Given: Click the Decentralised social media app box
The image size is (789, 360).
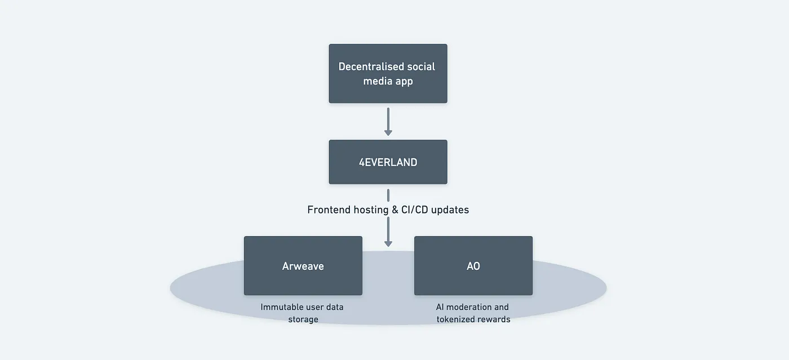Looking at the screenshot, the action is [x=388, y=74].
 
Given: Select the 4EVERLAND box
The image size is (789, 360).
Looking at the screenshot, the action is [x=388, y=162].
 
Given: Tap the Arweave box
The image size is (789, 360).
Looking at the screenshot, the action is [x=303, y=265].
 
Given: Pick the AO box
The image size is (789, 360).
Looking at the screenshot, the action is [x=473, y=265].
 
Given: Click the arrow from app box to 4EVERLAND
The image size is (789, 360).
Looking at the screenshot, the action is [x=388, y=122].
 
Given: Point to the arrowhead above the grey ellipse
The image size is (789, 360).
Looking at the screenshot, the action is [x=388, y=243].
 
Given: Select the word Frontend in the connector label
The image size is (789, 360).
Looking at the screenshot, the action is [x=329, y=210].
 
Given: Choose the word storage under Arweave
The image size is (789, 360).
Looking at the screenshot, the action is [x=303, y=319].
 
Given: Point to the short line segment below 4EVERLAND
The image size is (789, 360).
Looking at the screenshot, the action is [x=388, y=195].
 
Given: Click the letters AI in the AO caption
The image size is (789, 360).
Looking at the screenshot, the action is [x=440, y=307].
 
